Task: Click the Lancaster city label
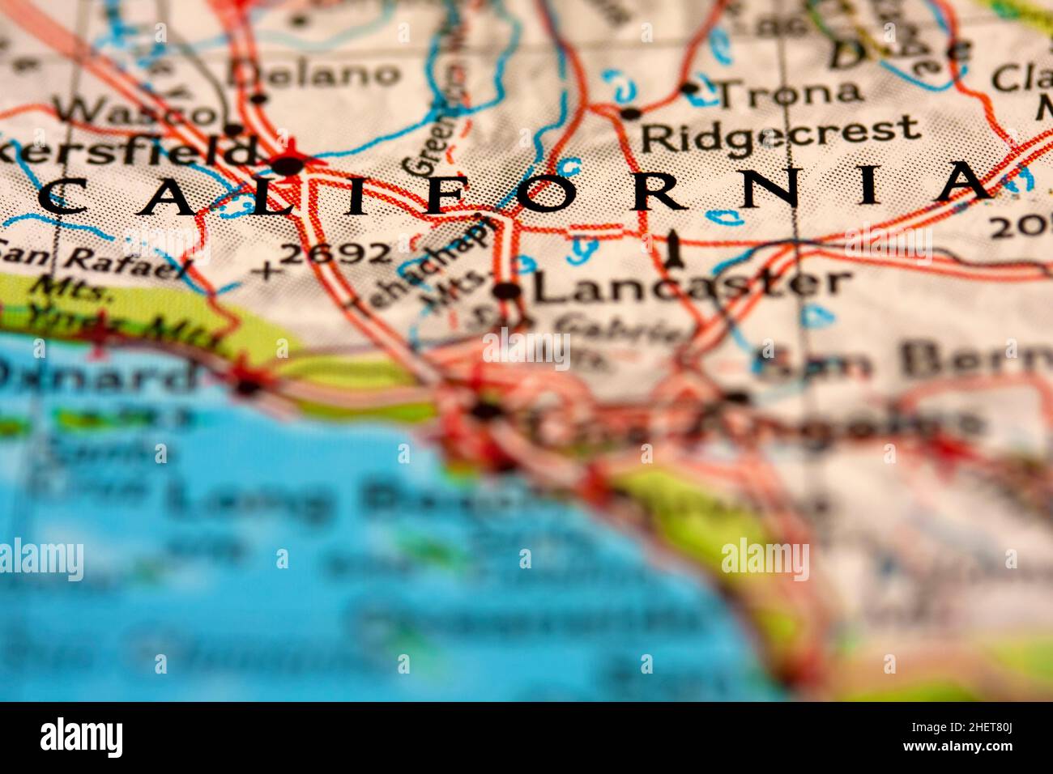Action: click(x=693, y=285)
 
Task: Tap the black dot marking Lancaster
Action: click(x=507, y=291)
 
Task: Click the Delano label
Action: click(x=314, y=74)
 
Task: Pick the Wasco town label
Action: click(x=134, y=112)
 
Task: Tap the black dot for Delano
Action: click(x=259, y=99)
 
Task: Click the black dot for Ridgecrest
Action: click(x=629, y=113)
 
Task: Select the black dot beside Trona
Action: click(x=689, y=88)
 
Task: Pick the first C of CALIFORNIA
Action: click(x=62, y=197)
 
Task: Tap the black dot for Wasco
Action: click(x=233, y=129)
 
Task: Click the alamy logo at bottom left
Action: click(x=81, y=737)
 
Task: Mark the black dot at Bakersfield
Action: click(x=288, y=166)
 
